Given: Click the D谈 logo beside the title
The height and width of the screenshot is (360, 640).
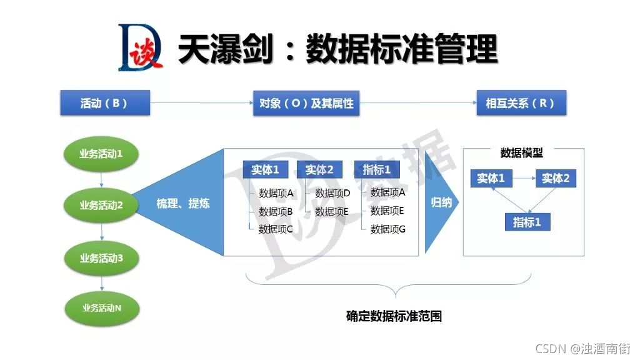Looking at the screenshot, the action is pos(140,46).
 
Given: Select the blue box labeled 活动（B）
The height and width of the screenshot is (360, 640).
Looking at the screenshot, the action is pos(104,103).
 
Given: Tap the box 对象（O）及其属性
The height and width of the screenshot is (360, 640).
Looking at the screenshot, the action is pos(306,103).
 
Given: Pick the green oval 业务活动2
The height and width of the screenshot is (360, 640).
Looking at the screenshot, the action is pos(101,204).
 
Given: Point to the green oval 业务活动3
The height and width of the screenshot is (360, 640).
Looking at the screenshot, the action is pos(101,257).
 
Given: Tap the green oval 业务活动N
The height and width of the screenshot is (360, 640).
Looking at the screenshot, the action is pos(101,307).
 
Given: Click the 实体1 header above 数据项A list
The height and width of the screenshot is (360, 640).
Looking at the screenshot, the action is pos(266,169).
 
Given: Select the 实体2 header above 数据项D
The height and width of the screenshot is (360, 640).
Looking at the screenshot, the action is pos(319,169).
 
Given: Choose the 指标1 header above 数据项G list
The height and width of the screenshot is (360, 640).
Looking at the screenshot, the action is pos(377,169).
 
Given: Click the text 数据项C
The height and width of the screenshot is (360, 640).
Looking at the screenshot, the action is pos(276,229).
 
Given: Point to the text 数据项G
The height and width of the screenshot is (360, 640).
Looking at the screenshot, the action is pos(388,229).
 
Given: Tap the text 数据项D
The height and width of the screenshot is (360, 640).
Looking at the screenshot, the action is pos(332,193).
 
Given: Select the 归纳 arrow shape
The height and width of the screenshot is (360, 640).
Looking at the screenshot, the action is pos(441,202).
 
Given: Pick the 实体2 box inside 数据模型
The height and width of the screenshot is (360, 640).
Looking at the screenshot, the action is pos(556,179).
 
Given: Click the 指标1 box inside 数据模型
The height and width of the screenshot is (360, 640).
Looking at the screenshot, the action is pos(527,222).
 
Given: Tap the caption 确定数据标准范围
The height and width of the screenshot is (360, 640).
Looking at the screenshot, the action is pos(394,316).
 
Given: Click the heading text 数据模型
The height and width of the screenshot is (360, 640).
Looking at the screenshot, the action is pos(522,153).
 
